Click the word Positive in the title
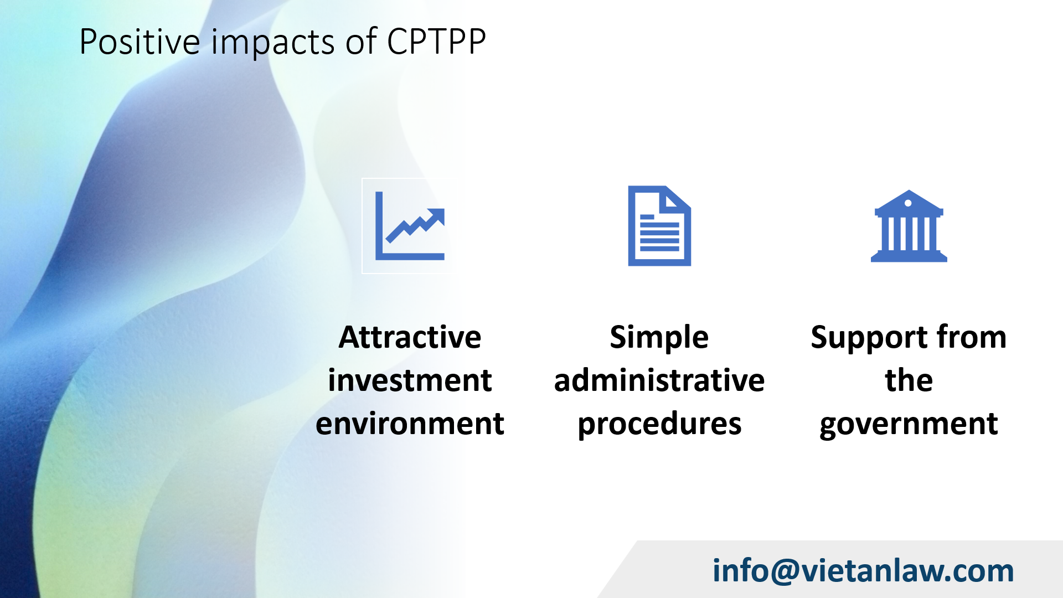point(140,42)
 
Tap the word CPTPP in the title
point(436,42)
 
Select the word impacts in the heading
point(273,43)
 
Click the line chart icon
point(410,226)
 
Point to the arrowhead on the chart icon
point(436,216)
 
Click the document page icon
point(659,226)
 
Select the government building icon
point(909,226)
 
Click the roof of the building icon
point(909,203)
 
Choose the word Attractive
point(410,337)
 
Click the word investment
point(410,380)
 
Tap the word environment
point(410,424)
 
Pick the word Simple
point(659,338)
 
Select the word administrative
point(659,380)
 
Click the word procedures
point(659,425)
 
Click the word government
point(909,425)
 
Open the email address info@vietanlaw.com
point(863,571)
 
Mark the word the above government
point(909,380)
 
